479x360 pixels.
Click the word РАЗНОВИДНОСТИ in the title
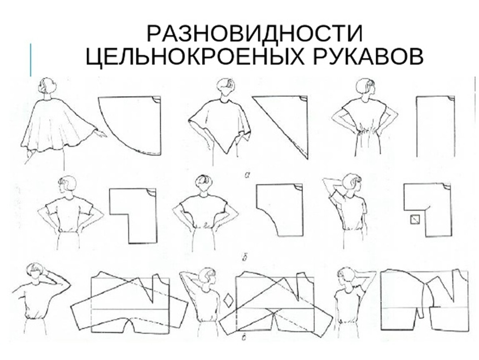pos(255,33)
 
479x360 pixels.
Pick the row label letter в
pos(244,337)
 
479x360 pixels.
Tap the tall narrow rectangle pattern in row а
pos(435,127)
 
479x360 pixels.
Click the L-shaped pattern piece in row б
pos(133,216)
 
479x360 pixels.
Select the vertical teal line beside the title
pos(30,60)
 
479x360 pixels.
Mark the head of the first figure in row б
pos(67,185)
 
